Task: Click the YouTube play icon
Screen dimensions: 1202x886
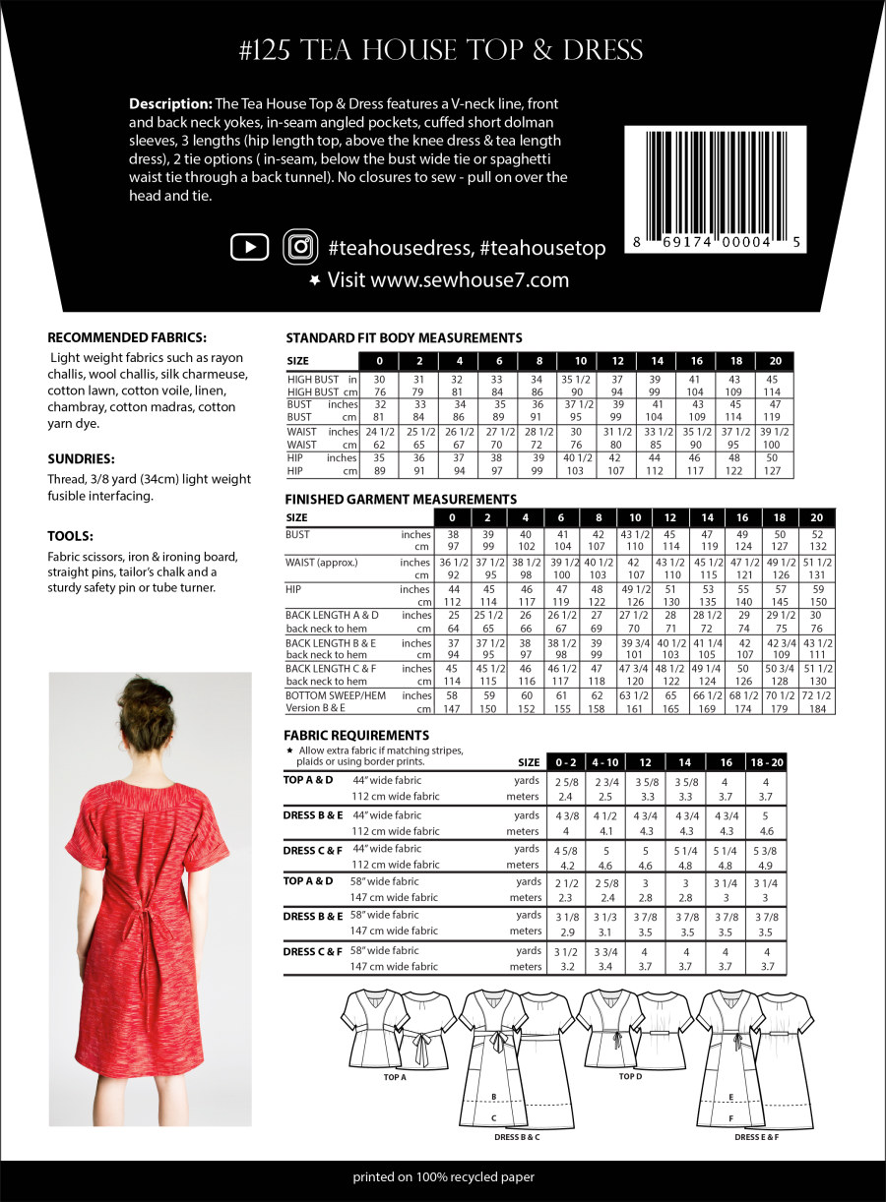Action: pos(249,247)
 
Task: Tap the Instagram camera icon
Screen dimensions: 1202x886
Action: pos(300,247)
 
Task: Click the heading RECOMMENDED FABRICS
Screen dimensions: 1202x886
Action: pos(127,336)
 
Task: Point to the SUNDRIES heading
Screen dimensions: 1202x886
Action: pos(81,458)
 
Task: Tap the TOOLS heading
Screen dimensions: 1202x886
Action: pos(70,536)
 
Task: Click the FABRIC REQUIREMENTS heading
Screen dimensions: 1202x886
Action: pos(356,734)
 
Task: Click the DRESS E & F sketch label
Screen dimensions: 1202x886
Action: pos(757,1137)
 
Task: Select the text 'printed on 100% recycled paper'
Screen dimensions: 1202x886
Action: pos(443,1176)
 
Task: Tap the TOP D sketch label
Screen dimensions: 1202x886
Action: pos(630,1076)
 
